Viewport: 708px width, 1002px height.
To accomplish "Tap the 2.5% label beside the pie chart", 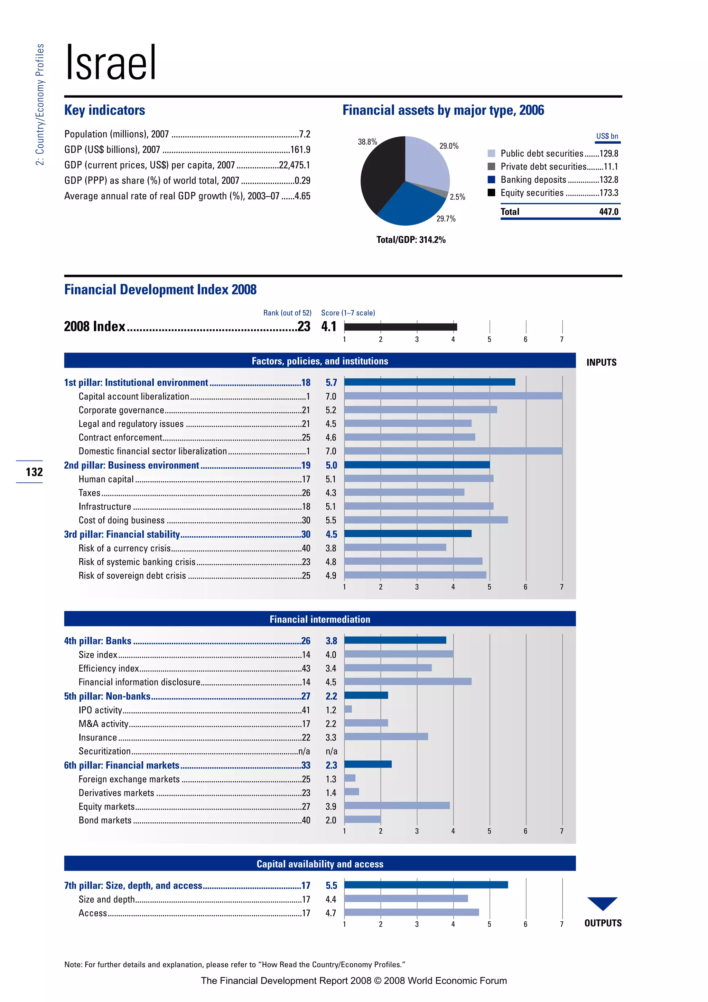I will pyautogui.click(x=457, y=197).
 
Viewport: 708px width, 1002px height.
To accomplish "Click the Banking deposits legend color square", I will pyautogui.click(x=491, y=179).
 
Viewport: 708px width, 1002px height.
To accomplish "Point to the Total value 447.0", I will pyautogui.click(x=608, y=212).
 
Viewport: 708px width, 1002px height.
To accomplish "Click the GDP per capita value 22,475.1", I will pyautogui.click(x=294, y=165).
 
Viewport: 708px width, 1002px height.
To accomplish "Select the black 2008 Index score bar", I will pyautogui.click(x=400, y=326).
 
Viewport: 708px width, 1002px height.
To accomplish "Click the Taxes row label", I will pyautogui.click(x=90, y=493).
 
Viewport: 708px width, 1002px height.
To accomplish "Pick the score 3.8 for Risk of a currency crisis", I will pyautogui.click(x=331, y=548).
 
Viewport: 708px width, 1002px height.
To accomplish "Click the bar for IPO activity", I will pyautogui.click(x=348, y=709).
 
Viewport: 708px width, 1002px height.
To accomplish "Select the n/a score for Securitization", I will pyautogui.click(x=331, y=751).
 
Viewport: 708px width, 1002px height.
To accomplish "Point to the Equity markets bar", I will pyautogui.click(x=397, y=805).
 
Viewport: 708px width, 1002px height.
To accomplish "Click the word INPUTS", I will pyautogui.click(x=601, y=362).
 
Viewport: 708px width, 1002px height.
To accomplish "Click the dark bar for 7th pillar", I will pyautogui.click(x=426, y=885).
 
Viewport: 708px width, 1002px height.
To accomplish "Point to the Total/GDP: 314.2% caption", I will pyautogui.click(x=411, y=239).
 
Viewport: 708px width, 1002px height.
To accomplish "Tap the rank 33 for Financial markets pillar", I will pyautogui.click(x=306, y=765).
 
